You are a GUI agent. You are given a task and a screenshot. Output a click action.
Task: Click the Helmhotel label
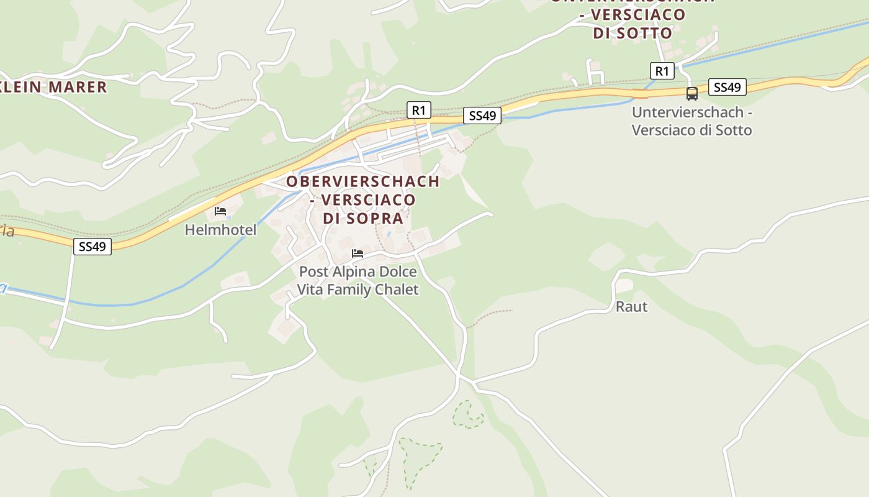220,230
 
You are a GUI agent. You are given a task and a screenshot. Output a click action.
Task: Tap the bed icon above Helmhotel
220,211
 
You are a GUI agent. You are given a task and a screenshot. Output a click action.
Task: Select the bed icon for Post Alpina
358,253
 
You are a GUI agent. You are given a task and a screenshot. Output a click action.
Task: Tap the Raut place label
631,306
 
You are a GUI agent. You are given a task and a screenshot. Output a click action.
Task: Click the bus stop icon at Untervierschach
691,94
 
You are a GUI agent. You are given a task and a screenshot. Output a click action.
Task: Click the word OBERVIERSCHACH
362,181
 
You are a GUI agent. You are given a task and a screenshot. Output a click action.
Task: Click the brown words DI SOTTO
633,33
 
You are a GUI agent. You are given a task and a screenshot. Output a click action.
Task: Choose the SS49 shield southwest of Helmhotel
92,247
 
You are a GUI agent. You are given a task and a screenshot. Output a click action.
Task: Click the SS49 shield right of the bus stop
727,87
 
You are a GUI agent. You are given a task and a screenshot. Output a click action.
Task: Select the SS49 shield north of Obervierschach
482,116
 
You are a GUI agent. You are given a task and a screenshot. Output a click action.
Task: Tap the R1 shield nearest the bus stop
662,71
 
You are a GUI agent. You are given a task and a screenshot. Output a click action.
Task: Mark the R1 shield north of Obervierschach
418,111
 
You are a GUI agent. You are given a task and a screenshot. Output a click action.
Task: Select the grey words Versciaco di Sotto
691,130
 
